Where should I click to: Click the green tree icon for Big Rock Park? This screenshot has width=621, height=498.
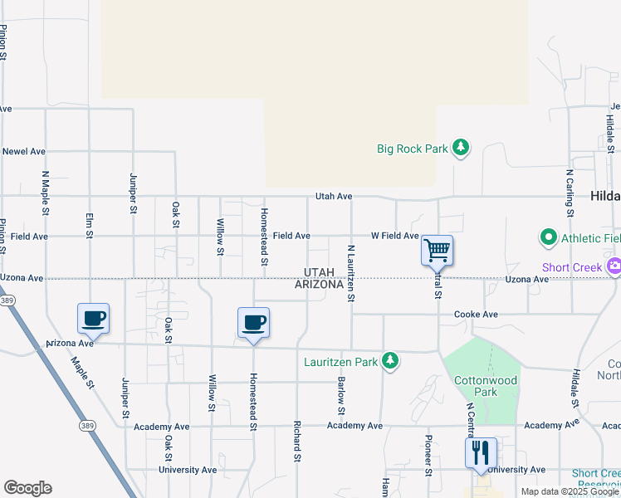461,149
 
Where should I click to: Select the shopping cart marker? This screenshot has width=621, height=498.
437,249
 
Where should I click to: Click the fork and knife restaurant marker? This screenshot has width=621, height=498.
481,453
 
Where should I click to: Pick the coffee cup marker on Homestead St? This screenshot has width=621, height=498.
254,322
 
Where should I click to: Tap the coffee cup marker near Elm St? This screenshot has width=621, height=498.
94,318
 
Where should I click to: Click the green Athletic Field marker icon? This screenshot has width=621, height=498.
548,238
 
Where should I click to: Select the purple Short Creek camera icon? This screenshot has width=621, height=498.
614,267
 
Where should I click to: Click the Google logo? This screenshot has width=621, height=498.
27,488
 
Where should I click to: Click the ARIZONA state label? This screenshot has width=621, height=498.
319,285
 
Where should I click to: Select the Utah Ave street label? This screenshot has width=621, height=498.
334,197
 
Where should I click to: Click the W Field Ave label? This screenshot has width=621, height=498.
394,236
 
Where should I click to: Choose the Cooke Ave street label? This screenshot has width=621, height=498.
476,315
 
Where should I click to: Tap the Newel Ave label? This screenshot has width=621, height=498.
23,152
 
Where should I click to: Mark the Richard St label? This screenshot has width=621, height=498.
296,441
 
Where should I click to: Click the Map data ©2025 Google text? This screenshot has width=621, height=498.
569,491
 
